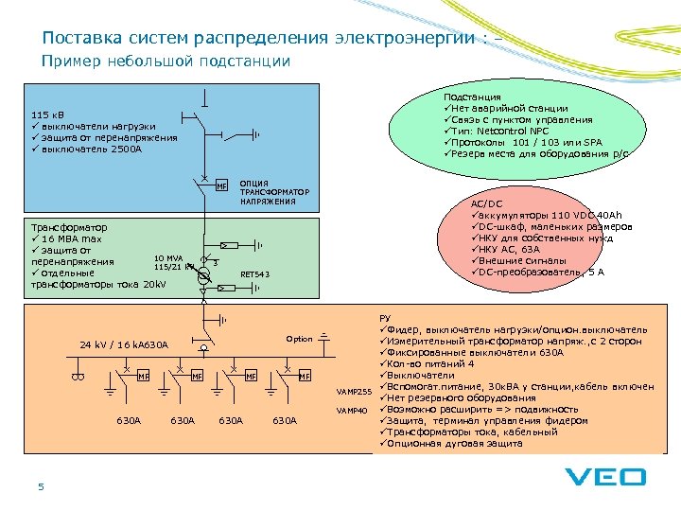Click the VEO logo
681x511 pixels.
(605, 478)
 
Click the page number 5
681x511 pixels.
(41, 486)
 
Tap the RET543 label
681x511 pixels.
(255, 274)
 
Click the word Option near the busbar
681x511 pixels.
(299, 339)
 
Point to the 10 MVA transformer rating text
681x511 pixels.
(167, 257)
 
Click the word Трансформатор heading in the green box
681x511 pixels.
(69, 227)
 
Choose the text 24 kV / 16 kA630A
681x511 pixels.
(124, 345)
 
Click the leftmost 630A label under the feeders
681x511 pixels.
(129, 419)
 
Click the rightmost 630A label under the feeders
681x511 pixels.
(285, 419)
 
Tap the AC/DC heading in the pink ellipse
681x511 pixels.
(486, 203)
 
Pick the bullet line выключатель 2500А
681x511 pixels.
(90, 149)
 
